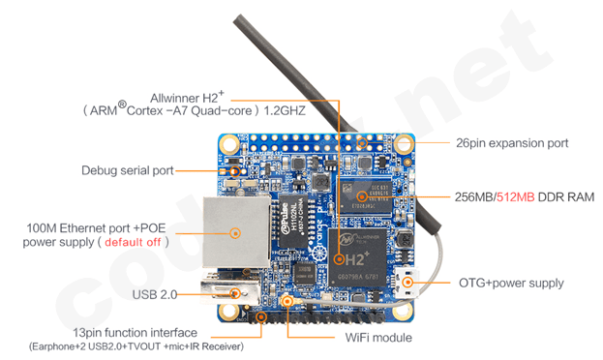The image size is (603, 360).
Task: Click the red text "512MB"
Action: (515, 196)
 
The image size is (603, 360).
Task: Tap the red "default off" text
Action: (133, 242)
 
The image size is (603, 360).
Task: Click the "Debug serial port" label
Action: (128, 170)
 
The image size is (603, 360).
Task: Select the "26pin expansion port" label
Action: (512, 143)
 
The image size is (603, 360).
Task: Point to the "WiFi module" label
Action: (378, 338)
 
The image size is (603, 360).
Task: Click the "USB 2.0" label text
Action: (155, 294)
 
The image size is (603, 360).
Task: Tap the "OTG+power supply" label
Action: (511, 284)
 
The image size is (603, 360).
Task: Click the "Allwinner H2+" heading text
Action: (187, 97)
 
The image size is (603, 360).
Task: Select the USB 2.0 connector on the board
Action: (230, 291)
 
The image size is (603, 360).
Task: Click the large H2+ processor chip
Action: (357, 257)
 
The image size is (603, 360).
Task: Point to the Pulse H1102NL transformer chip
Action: (293, 221)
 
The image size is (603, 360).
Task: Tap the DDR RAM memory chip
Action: (365, 196)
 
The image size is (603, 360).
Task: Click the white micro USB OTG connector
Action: (407, 284)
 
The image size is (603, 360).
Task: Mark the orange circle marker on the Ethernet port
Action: (235, 232)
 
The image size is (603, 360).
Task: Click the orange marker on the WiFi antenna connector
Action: (286, 300)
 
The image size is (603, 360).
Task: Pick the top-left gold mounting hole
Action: (229, 144)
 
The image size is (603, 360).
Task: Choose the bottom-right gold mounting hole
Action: (401, 310)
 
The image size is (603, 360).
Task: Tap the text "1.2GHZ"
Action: (285, 111)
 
